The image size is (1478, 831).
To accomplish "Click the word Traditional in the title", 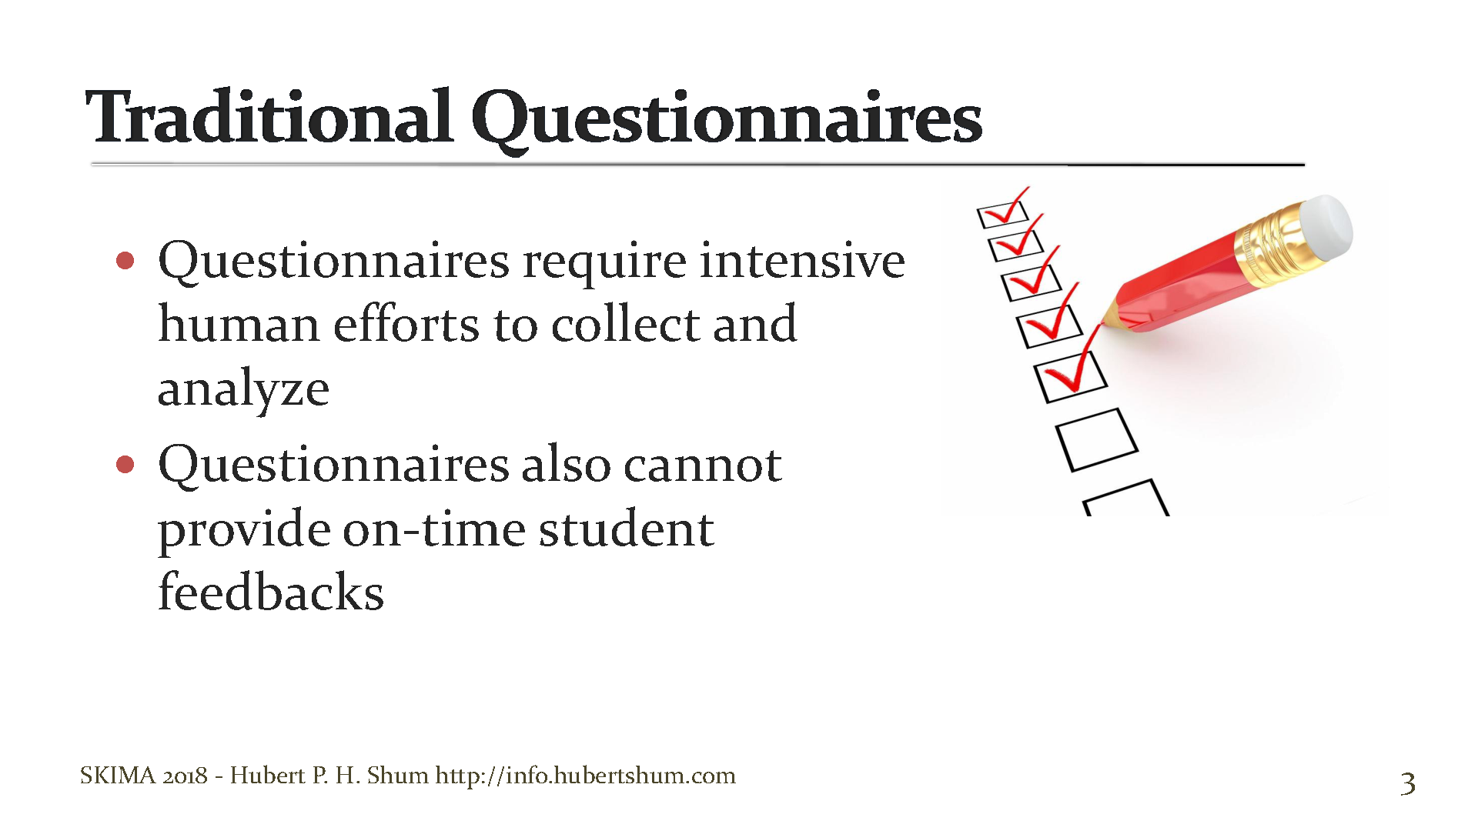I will point(269,117).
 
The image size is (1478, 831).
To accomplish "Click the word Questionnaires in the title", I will point(727,119).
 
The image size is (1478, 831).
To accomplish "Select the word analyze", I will point(243,389).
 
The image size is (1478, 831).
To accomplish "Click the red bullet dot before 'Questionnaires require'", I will point(125,261).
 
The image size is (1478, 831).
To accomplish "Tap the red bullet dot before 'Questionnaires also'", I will point(125,465).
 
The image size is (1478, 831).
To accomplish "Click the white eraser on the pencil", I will point(1325,228).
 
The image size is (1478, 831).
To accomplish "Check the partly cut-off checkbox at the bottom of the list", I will point(1126,500).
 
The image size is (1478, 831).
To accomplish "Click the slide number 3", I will point(1407,783).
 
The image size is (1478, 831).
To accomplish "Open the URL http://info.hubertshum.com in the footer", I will point(585,775).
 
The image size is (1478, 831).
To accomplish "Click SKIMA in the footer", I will point(118,775).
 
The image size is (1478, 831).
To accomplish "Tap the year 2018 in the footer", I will point(185,775).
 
